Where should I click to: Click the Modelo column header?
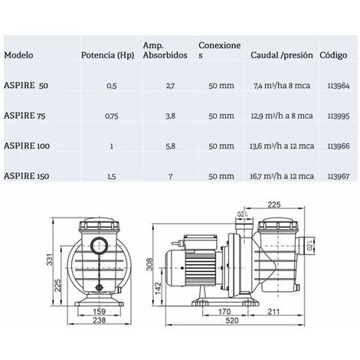click(18, 55)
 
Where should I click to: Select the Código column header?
click(333, 55)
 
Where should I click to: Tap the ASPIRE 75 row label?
click(25, 116)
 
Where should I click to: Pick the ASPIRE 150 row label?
click(27, 176)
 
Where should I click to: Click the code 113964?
click(339, 86)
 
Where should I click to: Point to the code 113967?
click(339, 176)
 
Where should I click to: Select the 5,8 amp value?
click(170, 146)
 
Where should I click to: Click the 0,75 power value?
click(112, 116)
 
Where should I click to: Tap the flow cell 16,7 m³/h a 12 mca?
click(282, 176)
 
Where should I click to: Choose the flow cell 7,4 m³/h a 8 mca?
click(282, 86)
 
